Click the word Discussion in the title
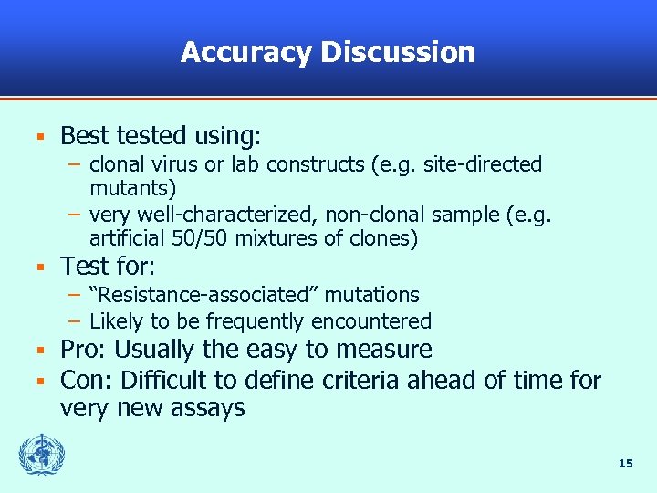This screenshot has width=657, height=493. [x=398, y=52]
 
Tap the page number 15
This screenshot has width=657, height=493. [x=625, y=464]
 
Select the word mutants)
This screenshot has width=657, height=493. [x=133, y=188]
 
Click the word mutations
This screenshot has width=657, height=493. [x=372, y=295]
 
